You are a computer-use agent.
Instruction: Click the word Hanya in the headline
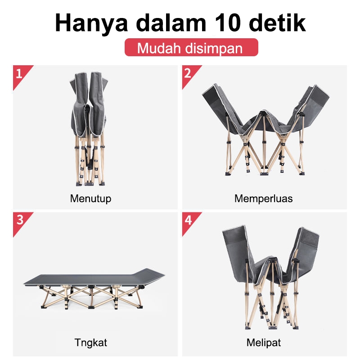click(91, 23)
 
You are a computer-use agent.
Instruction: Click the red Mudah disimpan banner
click(191, 47)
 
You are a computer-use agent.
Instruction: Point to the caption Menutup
click(91, 198)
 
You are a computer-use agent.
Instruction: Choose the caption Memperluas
click(264, 198)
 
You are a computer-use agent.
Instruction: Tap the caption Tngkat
click(91, 343)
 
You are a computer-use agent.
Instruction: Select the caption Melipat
click(264, 343)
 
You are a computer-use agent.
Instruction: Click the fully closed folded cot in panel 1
click(89, 129)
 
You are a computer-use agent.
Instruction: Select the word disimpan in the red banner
click(213, 48)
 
